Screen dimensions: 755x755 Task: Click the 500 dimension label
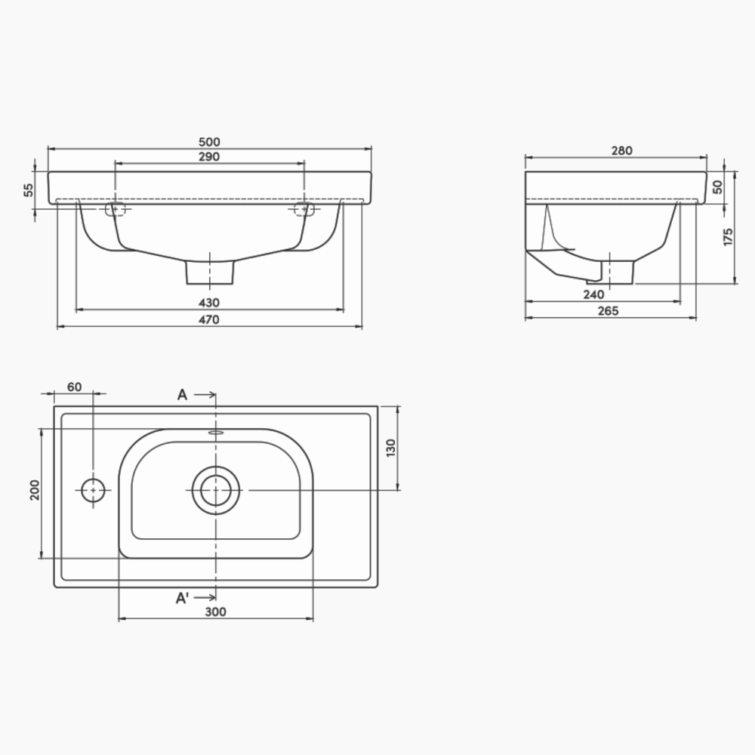[x=209, y=142]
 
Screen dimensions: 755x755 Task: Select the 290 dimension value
[x=209, y=157]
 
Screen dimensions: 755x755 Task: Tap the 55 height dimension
[x=29, y=190]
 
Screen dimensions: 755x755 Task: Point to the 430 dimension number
[x=209, y=303]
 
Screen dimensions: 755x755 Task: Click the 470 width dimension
[x=209, y=320]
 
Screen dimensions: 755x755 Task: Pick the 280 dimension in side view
[x=621, y=151]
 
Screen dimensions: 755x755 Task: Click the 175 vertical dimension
[x=728, y=236]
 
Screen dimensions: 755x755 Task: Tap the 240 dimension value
[x=593, y=295]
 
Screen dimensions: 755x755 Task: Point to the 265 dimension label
[x=607, y=311]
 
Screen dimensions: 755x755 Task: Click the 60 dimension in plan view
[x=74, y=387]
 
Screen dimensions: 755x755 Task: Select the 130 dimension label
[x=390, y=448]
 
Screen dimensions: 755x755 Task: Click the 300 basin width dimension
[x=216, y=612]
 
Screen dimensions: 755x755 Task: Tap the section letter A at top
[x=182, y=394]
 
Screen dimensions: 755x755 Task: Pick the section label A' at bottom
[x=183, y=598]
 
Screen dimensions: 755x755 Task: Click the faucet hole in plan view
[x=93, y=490]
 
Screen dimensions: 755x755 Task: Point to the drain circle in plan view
[x=216, y=490]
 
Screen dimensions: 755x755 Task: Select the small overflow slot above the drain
[x=216, y=433]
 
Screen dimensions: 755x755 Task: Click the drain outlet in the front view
[x=210, y=273]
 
